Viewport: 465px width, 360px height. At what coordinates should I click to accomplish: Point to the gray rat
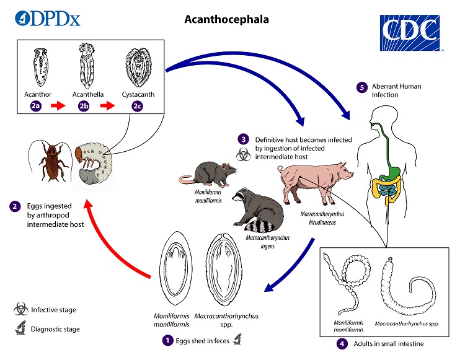coord(208,172)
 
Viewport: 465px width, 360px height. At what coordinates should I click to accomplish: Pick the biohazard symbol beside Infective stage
coord(21,309)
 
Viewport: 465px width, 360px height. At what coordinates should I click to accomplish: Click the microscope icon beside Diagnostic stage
coord(21,329)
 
